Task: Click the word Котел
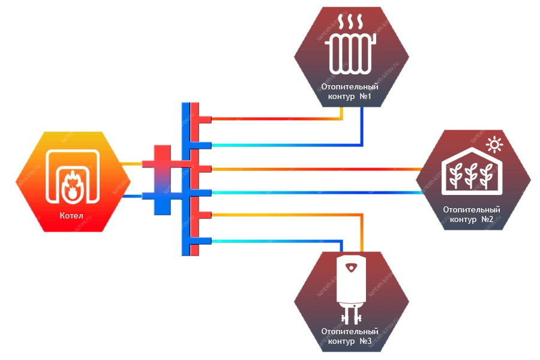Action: click(71, 215)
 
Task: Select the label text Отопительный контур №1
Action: click(350, 91)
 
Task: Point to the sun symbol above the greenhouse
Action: click(494, 145)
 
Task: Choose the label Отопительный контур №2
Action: click(472, 214)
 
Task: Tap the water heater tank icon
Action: click(351, 281)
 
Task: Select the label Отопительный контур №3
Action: click(350, 336)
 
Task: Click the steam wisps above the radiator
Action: click(350, 22)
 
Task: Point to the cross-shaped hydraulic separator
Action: click(162, 180)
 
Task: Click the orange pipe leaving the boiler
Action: click(132, 164)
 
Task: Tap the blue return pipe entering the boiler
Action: click(133, 196)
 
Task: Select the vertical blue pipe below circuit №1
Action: click(362, 126)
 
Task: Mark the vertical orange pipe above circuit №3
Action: click(362, 233)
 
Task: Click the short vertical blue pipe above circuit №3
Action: click(341, 247)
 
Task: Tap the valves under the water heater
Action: click(351, 317)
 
